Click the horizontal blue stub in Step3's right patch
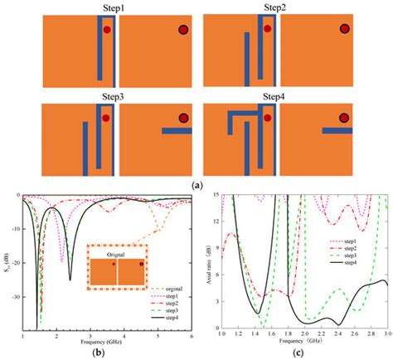pyautogui.click(x=176, y=131)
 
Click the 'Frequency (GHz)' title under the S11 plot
pyautogui.click(x=98, y=341)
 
